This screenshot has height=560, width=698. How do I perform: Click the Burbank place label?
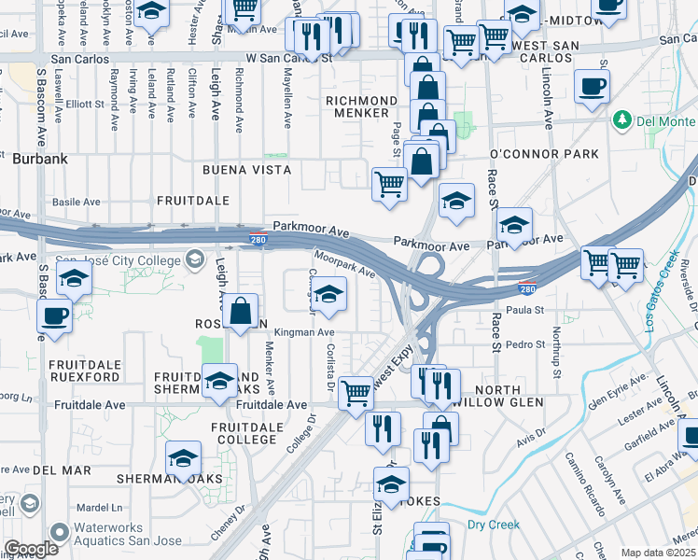point(40,159)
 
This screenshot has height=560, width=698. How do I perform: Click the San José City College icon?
point(196,258)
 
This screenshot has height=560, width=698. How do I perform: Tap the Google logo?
point(31,549)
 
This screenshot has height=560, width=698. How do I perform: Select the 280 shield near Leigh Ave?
point(257,241)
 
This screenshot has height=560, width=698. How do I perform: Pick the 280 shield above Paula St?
point(526,289)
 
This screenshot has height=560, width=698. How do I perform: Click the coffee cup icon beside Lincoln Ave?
point(593,88)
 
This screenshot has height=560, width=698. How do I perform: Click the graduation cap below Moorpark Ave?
point(328,295)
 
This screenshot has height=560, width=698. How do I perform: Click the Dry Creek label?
point(493,525)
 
